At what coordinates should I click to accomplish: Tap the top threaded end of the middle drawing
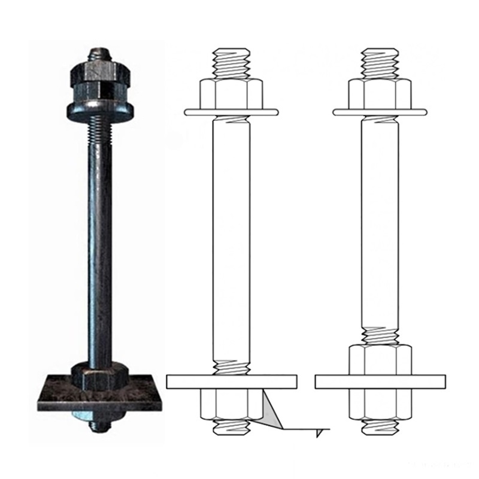(231, 61)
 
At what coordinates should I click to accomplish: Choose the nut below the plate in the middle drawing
(229, 404)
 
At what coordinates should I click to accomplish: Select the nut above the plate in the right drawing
(380, 359)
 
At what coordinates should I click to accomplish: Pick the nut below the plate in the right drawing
(380, 404)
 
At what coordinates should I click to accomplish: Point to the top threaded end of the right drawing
(380, 61)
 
